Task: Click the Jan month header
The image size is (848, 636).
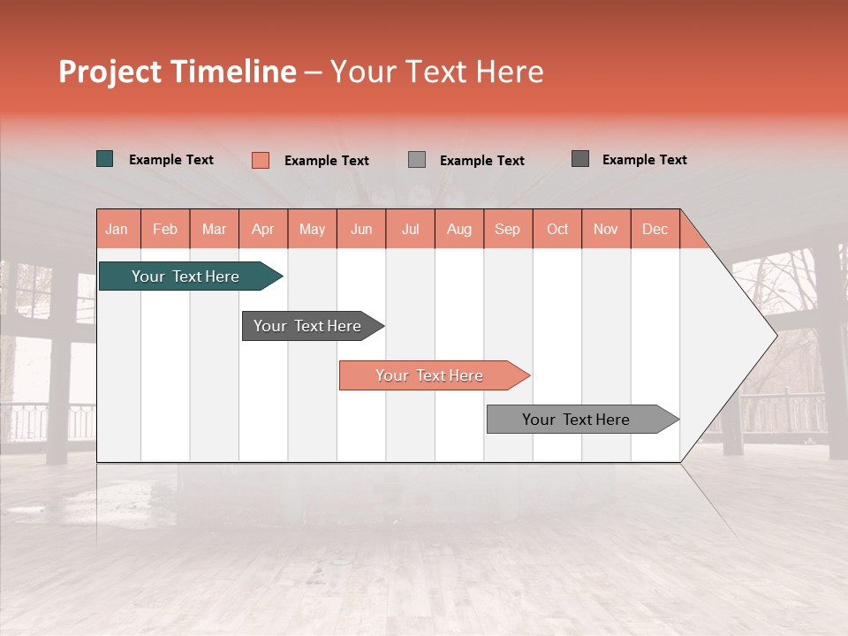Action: tap(117, 229)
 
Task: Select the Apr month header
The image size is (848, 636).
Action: tap(262, 229)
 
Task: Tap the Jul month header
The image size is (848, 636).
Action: tap(410, 229)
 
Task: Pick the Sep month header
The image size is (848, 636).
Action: tap(507, 229)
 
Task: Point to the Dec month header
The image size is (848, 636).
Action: tap(655, 229)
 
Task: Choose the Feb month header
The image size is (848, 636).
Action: tap(165, 229)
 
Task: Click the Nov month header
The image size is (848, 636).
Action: tap(605, 229)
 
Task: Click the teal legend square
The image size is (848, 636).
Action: tap(105, 159)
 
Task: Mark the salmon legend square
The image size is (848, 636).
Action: tap(260, 160)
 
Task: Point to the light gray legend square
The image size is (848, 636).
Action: tap(417, 160)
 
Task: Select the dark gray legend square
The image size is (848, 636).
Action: tap(580, 159)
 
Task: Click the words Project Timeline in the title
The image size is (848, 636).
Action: tap(178, 72)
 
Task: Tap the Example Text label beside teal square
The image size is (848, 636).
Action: tap(171, 160)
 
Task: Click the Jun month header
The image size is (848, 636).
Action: tap(361, 229)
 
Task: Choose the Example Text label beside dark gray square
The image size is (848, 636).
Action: tap(644, 160)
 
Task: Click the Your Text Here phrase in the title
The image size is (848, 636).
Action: tap(436, 72)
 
